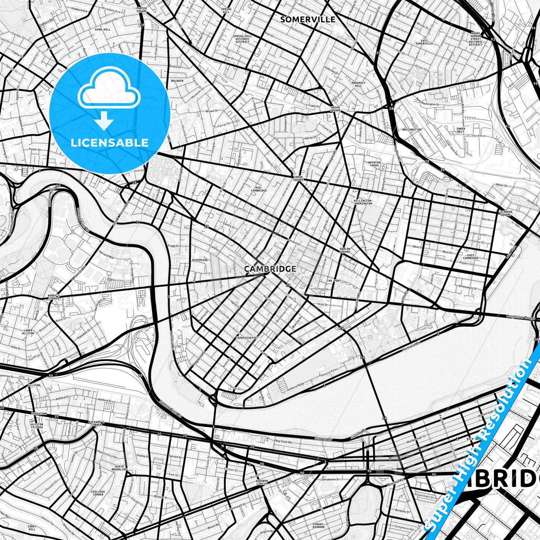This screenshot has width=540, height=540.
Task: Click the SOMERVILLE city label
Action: click(x=308, y=19)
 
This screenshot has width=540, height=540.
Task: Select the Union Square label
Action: click(x=335, y=109)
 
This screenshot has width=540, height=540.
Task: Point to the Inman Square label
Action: click(x=298, y=179)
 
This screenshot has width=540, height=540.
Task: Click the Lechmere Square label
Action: click(x=504, y=213)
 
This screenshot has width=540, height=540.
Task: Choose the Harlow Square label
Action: click(x=345, y=250)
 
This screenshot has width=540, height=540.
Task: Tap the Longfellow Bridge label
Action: click(x=521, y=317)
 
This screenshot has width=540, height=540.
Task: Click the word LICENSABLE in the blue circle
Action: click(x=109, y=142)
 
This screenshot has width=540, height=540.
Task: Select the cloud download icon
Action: click(x=108, y=97)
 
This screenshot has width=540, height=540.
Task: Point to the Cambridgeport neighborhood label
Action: click(x=247, y=337)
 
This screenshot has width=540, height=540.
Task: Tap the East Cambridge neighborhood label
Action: click(x=471, y=257)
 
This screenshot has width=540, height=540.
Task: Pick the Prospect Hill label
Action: click(x=358, y=84)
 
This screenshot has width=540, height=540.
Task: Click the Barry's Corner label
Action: click(x=54, y=296)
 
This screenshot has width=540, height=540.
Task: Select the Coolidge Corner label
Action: click(x=98, y=493)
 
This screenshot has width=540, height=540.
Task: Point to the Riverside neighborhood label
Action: click(x=200, y=260)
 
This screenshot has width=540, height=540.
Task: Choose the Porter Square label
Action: click(x=142, y=10)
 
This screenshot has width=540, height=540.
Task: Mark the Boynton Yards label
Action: click(x=374, y=164)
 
